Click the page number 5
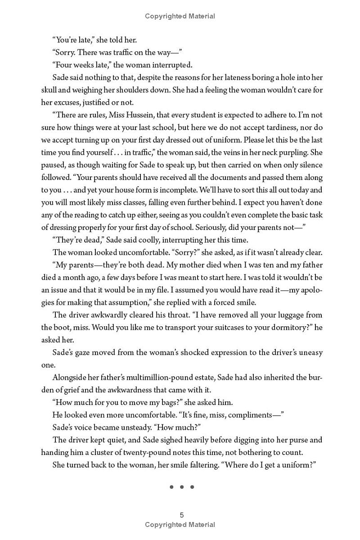[181, 515]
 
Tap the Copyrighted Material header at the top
[180, 16]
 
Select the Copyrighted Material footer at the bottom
[180, 525]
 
